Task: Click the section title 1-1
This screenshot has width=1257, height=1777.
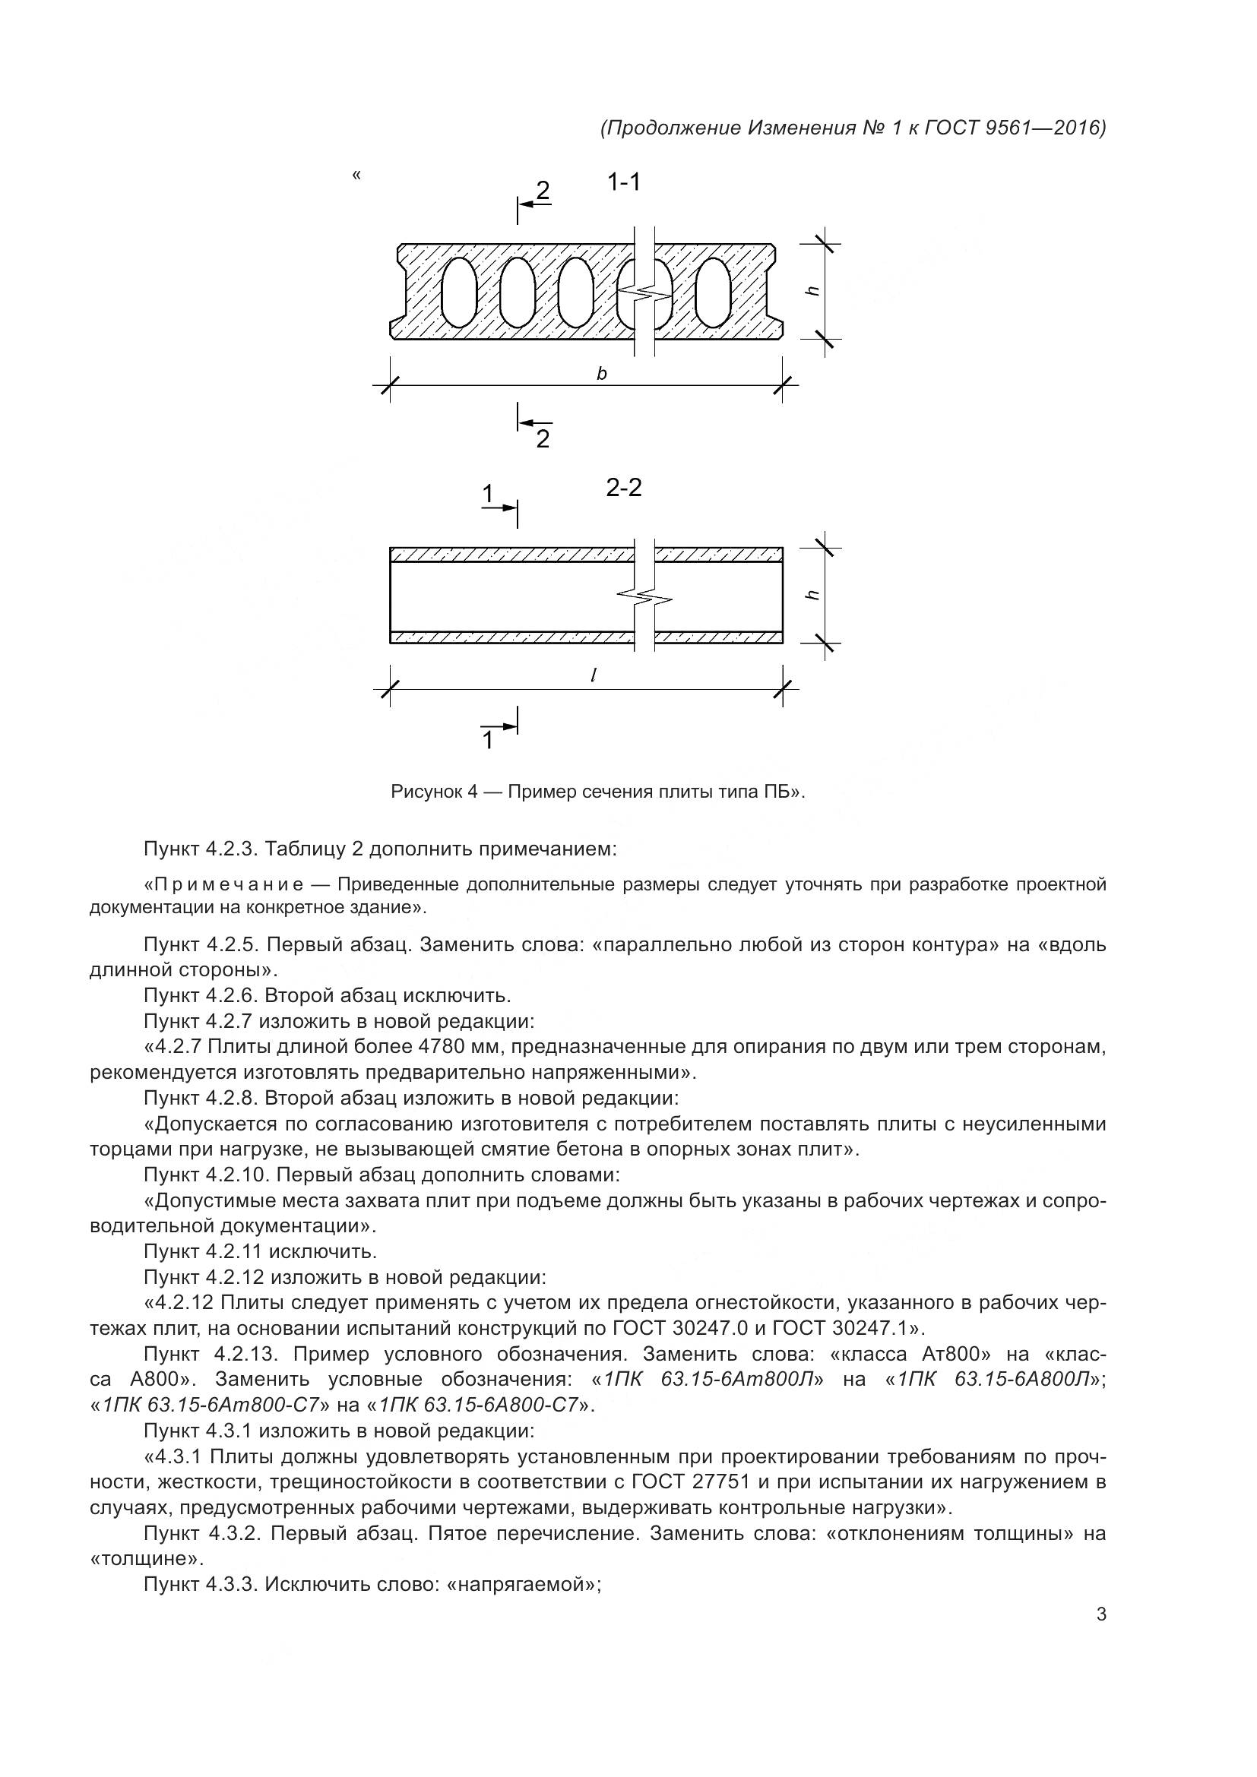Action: pos(624,182)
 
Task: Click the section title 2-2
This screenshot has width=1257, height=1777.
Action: pos(624,488)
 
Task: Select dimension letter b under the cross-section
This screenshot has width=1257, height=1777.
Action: pos(601,374)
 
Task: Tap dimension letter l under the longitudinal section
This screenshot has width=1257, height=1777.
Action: pos(594,675)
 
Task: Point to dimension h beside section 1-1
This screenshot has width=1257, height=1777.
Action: pos(812,290)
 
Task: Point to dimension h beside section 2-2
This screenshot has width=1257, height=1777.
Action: pos(812,595)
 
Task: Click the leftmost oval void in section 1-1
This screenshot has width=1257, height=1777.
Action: pos(459,292)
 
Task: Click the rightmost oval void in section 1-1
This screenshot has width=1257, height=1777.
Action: pos(713,292)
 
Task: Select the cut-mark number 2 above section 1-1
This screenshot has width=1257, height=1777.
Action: pos(543,190)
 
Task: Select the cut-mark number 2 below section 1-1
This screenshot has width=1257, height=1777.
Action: pos(543,439)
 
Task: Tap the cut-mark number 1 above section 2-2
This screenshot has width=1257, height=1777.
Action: pos(488,493)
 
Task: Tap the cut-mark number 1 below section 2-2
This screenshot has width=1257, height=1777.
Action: pos(488,741)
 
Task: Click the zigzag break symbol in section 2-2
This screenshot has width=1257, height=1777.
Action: pos(644,596)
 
